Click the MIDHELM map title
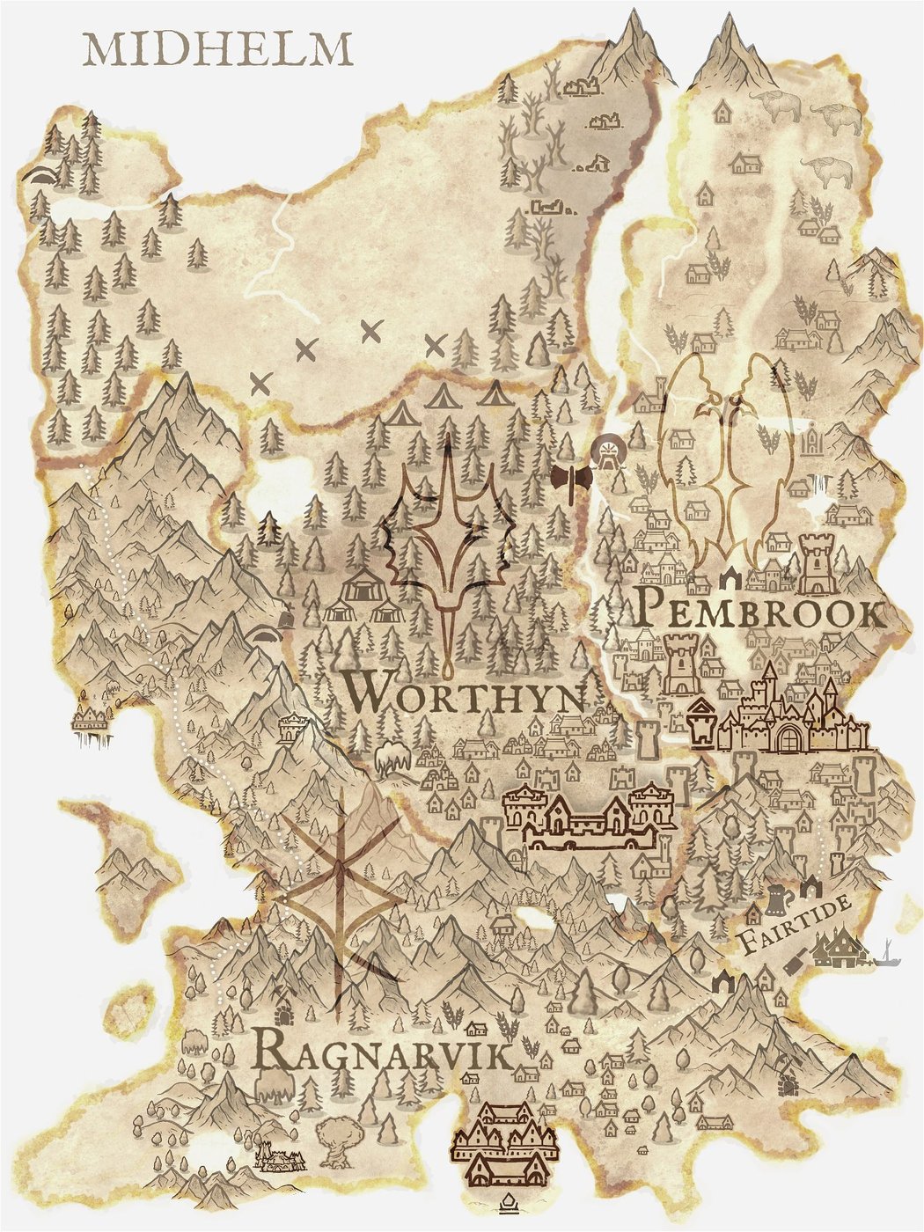217,50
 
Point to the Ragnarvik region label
381,1052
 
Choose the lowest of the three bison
831,172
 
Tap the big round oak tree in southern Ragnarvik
337,1140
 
